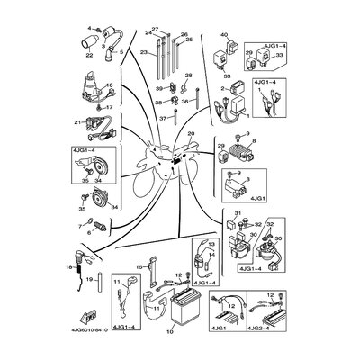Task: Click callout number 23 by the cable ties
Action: [x=142, y=53]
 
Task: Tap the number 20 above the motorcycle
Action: [x=191, y=133]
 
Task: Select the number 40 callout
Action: [x=225, y=35]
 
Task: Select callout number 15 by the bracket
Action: [x=139, y=267]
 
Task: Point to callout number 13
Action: [x=211, y=245]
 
